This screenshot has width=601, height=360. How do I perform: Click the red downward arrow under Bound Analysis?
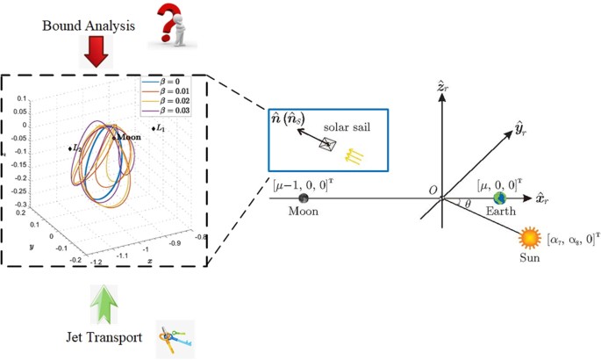(97, 54)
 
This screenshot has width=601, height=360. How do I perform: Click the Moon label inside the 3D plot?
(126, 138)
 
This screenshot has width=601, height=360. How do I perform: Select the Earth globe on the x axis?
(499, 198)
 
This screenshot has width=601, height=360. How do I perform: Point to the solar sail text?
(346, 127)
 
